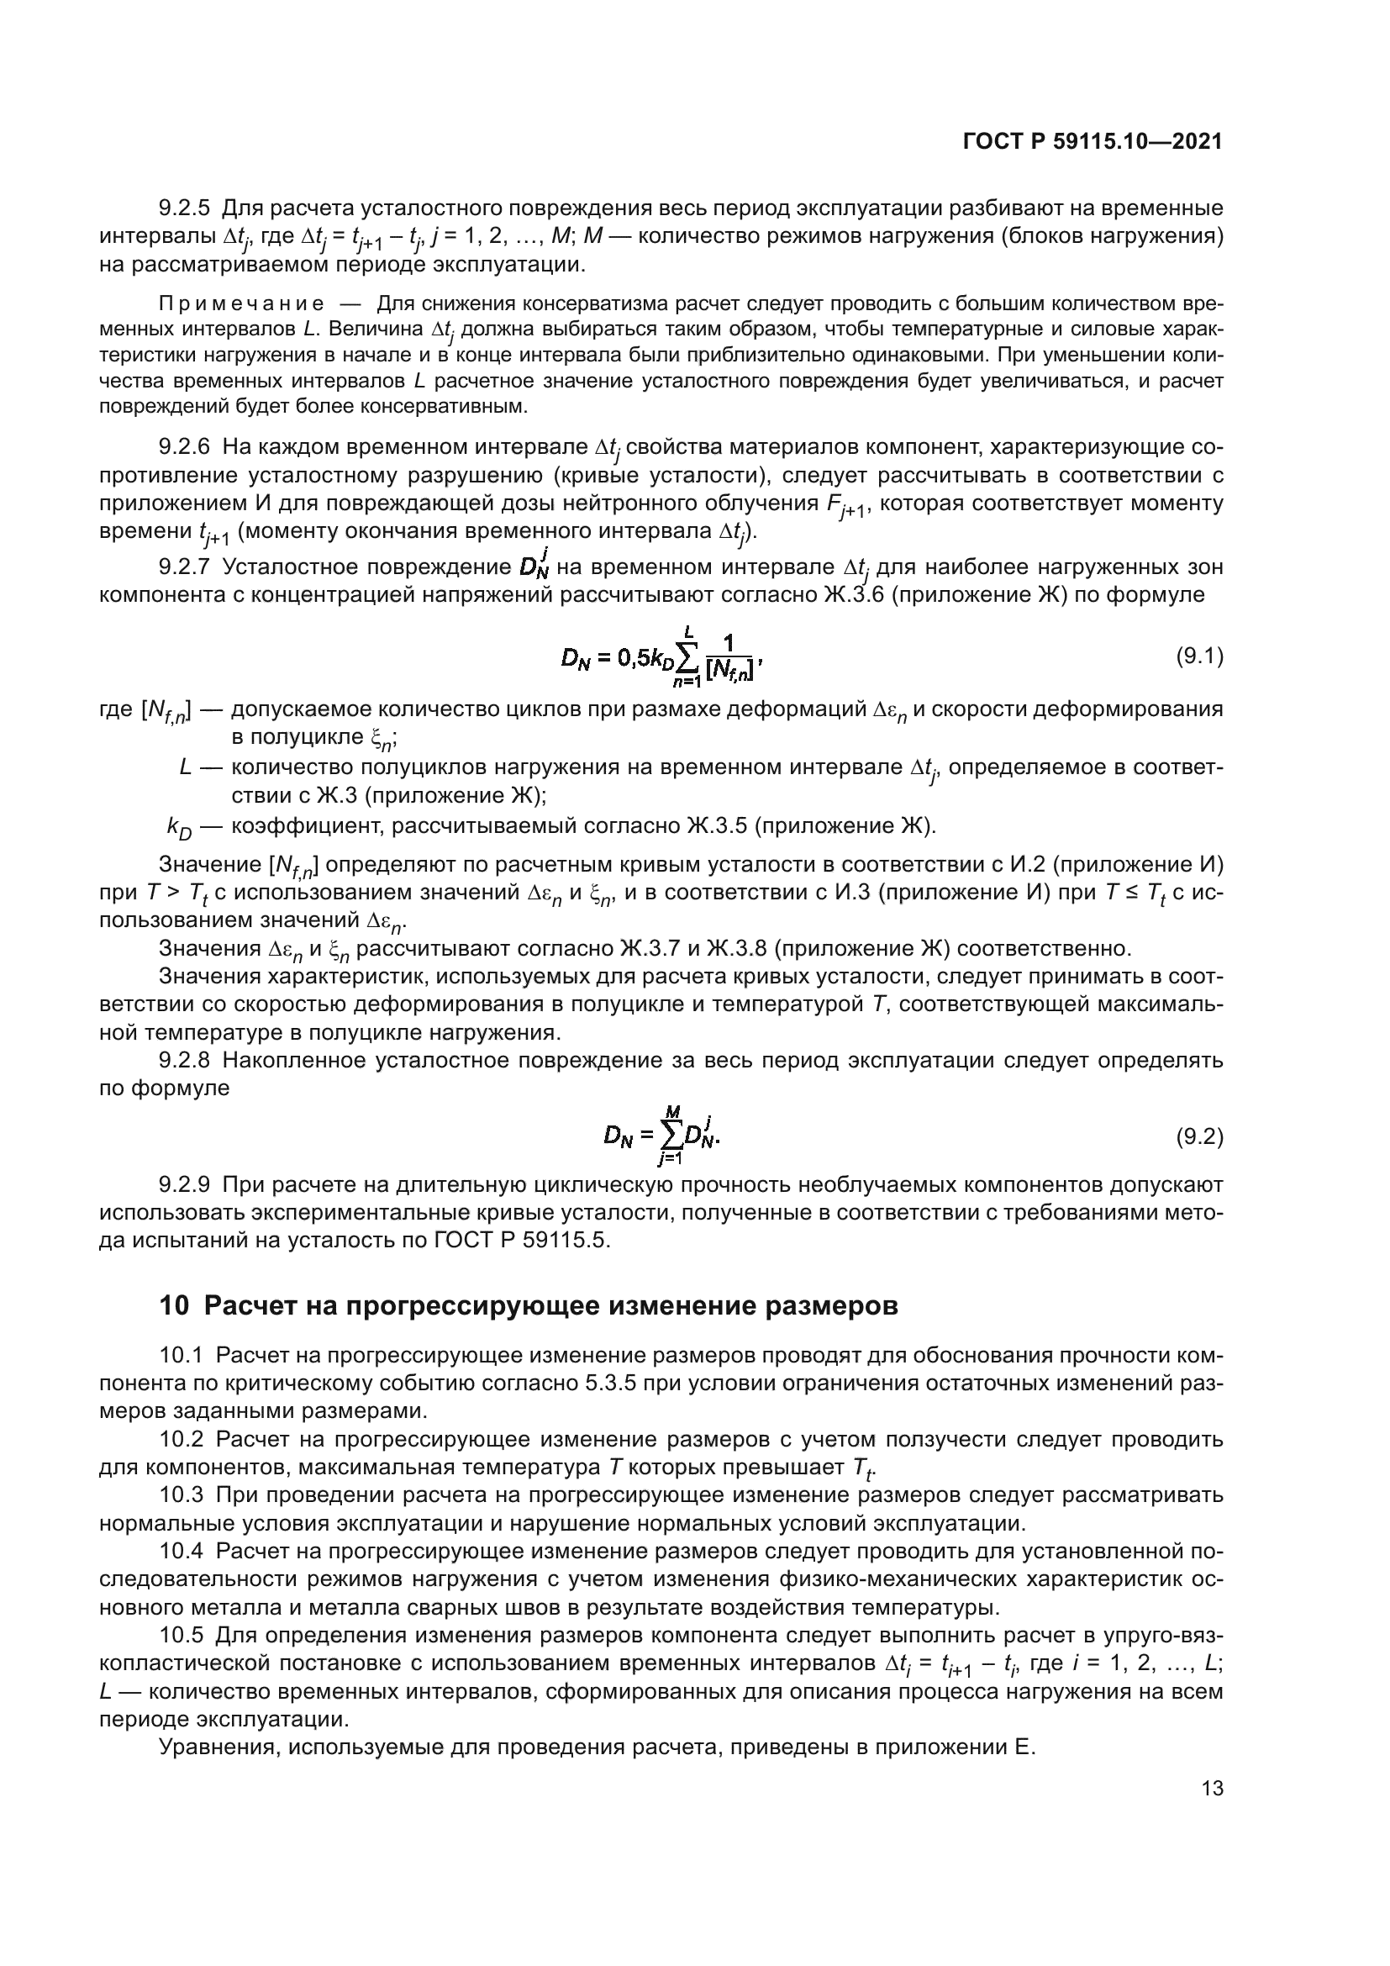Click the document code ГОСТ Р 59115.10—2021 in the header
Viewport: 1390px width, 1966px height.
(1093, 142)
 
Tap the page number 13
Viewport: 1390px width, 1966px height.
(1212, 1788)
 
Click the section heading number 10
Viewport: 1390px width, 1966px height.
(174, 1306)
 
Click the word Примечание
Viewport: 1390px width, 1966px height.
(241, 304)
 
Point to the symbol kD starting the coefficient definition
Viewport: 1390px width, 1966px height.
(180, 827)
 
